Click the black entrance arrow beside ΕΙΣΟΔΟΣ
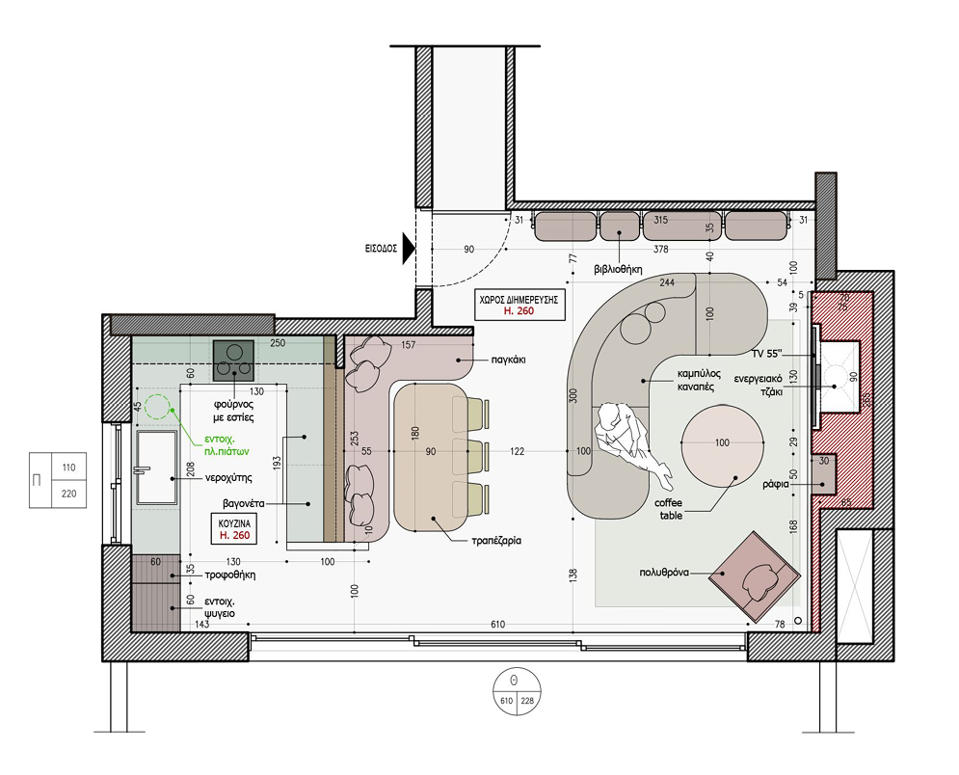pyautogui.click(x=409, y=249)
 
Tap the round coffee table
pyautogui.click(x=722, y=445)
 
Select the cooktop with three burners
pyautogui.click(x=233, y=361)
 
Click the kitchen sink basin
pyautogui.click(x=156, y=468)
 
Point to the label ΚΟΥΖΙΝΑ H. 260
pyautogui.click(x=235, y=529)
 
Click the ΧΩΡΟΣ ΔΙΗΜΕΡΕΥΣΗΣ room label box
pyautogui.click(x=519, y=305)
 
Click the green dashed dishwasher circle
pyautogui.click(x=157, y=407)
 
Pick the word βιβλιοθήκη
pyautogui.click(x=618, y=269)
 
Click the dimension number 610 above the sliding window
pyautogui.click(x=498, y=625)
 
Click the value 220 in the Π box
pyautogui.click(x=69, y=494)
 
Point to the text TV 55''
pyautogui.click(x=767, y=354)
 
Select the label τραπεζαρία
pyautogui.click(x=496, y=541)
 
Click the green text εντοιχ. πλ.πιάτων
pyautogui.click(x=226, y=445)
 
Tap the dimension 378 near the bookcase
pyautogui.click(x=660, y=249)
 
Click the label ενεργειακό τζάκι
pyautogui.click(x=759, y=386)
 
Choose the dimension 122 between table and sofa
pyautogui.click(x=517, y=451)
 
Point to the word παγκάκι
pyautogui.click(x=508, y=360)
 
